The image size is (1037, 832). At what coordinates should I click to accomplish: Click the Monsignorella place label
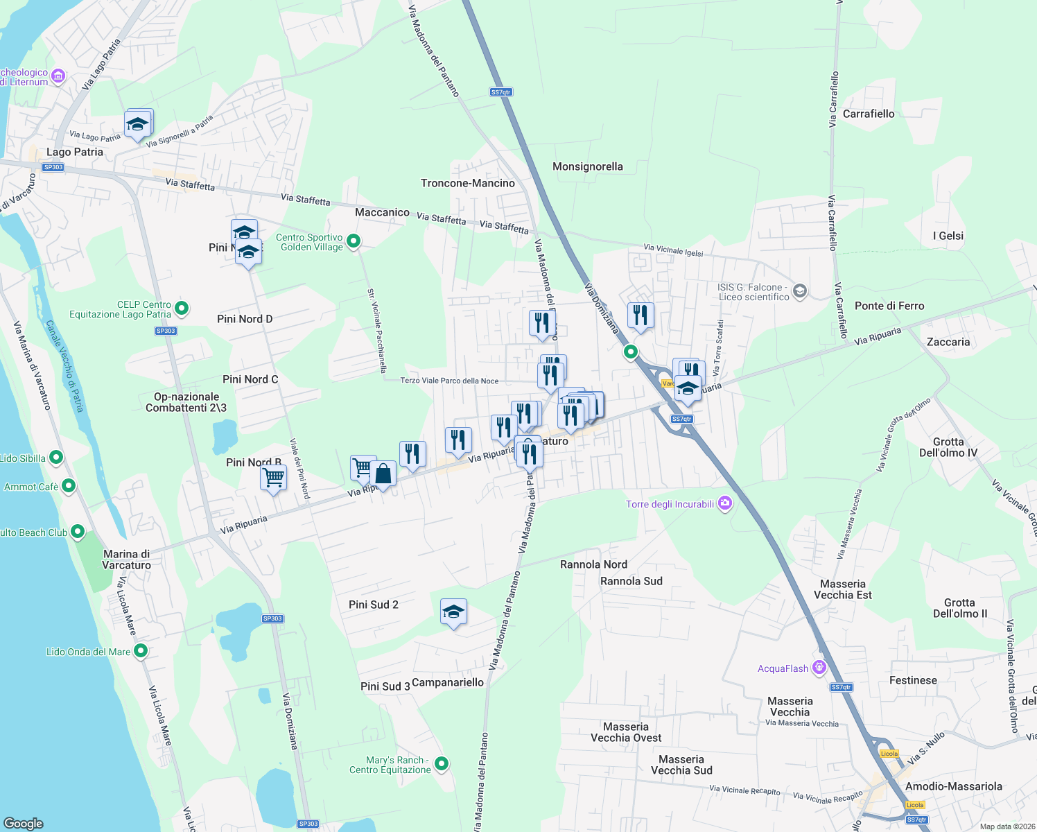click(587, 166)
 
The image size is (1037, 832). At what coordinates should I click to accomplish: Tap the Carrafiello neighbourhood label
click(869, 114)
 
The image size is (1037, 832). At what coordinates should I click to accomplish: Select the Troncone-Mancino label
click(468, 183)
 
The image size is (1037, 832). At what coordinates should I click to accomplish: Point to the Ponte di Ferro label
click(889, 306)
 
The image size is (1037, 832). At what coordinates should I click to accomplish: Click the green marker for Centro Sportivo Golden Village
click(354, 241)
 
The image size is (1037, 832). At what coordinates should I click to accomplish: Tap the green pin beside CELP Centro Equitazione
click(182, 308)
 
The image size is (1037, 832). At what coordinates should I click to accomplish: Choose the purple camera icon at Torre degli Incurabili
click(725, 503)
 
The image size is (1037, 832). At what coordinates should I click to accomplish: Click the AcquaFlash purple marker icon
click(819, 668)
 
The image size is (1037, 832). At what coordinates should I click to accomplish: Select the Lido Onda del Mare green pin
click(141, 651)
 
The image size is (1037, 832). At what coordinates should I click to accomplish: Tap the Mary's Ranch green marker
click(442, 764)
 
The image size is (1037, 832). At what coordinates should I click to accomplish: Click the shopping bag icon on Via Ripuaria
click(383, 474)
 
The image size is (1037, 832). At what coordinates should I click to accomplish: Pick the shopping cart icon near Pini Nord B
click(273, 478)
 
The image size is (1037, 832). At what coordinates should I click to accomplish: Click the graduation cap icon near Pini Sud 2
click(453, 612)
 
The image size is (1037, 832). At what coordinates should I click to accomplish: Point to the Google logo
click(24, 823)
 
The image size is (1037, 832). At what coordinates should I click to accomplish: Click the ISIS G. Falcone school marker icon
click(800, 291)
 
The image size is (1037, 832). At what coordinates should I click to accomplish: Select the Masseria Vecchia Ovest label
click(626, 732)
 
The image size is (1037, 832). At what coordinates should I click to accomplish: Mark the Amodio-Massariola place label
click(954, 786)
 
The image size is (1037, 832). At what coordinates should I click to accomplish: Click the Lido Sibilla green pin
click(56, 458)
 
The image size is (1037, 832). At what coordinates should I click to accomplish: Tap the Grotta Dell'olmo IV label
click(948, 447)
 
